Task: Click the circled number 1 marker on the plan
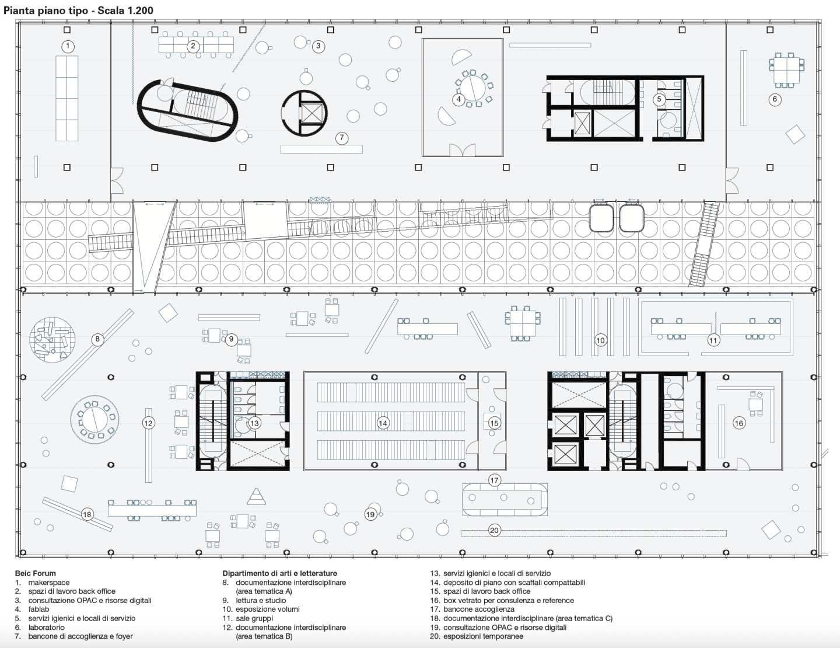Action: click(68, 47)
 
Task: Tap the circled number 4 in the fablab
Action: click(459, 99)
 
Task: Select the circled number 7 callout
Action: click(342, 138)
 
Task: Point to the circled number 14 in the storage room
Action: click(383, 423)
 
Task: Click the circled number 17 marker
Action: click(495, 480)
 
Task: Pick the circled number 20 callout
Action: click(495, 531)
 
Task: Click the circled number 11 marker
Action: click(713, 340)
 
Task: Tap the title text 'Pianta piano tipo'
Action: click(46, 11)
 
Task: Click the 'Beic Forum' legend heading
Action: click(35, 573)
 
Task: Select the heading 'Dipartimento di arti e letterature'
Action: click(279, 573)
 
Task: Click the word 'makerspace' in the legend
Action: click(48, 583)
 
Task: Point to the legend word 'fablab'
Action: click(38, 609)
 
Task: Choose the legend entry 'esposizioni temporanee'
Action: click(483, 636)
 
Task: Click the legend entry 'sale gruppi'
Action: click(254, 618)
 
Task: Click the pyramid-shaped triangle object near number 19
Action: click(256, 497)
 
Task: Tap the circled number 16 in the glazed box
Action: click(738, 423)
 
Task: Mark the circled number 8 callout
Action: click(97, 339)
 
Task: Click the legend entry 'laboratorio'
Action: click(47, 628)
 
